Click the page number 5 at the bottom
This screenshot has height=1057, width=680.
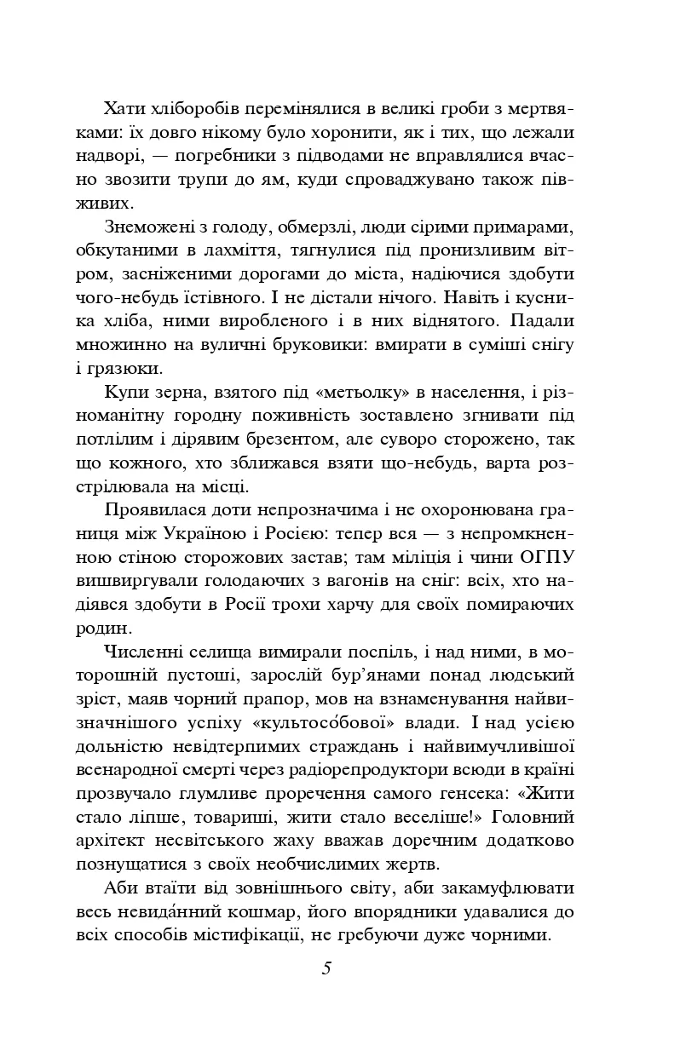click(x=326, y=968)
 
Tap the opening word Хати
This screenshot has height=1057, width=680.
click(x=125, y=109)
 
